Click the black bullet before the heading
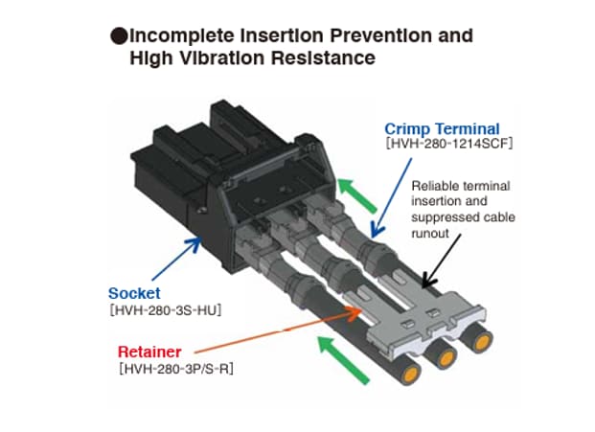tap(119, 37)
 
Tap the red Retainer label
tap(149, 350)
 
